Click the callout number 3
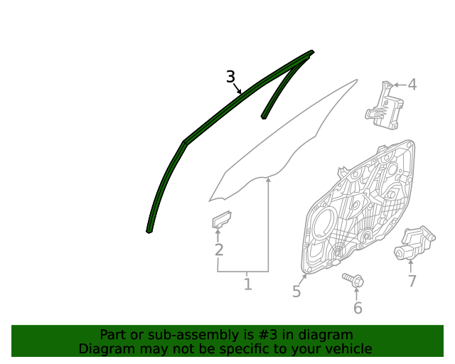point(230,77)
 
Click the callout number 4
point(412,85)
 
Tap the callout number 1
point(247,284)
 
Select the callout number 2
point(219,250)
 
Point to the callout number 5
point(296,291)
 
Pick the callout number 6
point(358,308)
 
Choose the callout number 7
point(412,281)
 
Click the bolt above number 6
point(353,279)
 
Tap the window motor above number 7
point(414,243)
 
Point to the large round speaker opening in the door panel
point(323,226)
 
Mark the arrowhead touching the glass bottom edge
point(268,182)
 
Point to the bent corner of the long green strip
point(184,143)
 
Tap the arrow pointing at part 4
point(399,85)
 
